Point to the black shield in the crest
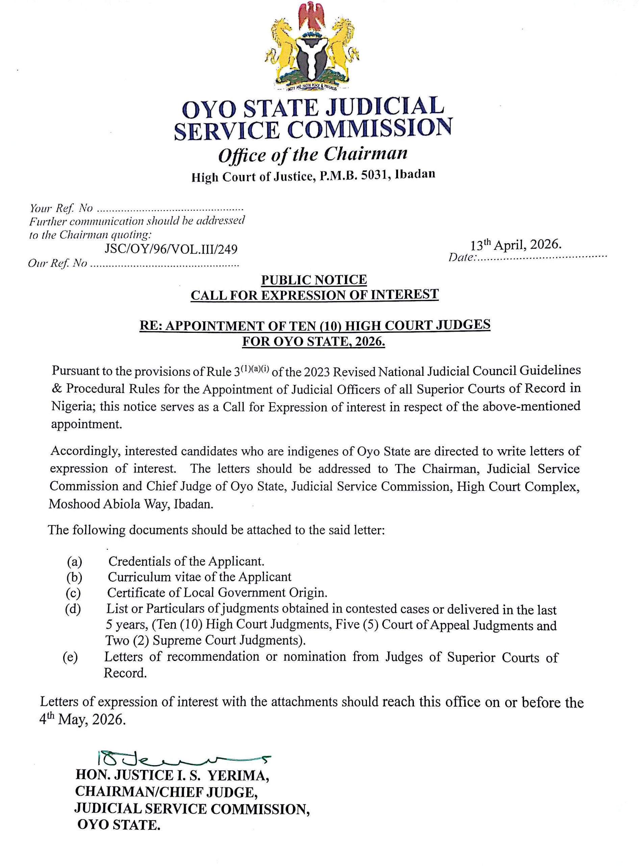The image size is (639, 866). [x=313, y=58]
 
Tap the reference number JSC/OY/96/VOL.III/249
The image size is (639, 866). [x=171, y=249]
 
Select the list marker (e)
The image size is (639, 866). [x=70, y=657]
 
